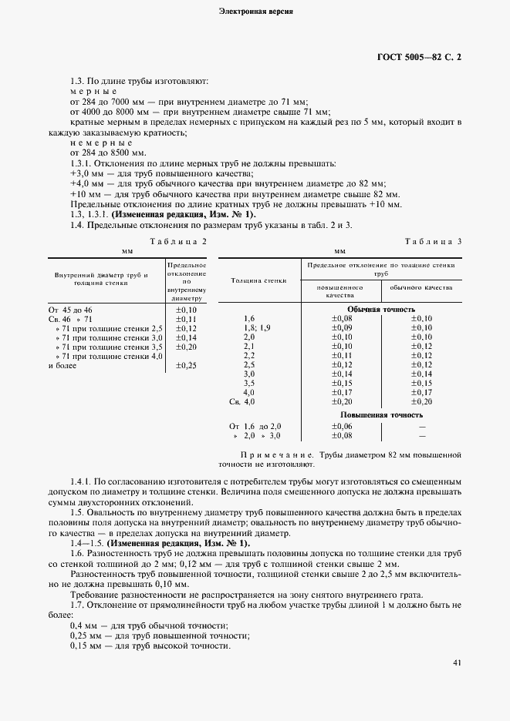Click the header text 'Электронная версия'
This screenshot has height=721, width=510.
pos(255,12)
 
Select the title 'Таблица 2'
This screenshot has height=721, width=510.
pos(178,241)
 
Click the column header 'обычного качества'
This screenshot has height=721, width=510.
pos(421,288)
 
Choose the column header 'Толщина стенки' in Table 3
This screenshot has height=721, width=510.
pos(259,280)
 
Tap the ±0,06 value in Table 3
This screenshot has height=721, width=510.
pos(342,426)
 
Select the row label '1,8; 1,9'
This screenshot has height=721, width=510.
pos(256,327)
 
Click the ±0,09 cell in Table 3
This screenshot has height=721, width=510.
pos(342,327)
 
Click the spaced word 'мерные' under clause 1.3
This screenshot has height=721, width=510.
pos(93,91)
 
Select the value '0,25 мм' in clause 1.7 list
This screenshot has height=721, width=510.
pos(84,635)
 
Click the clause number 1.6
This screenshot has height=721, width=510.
pos(76,554)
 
